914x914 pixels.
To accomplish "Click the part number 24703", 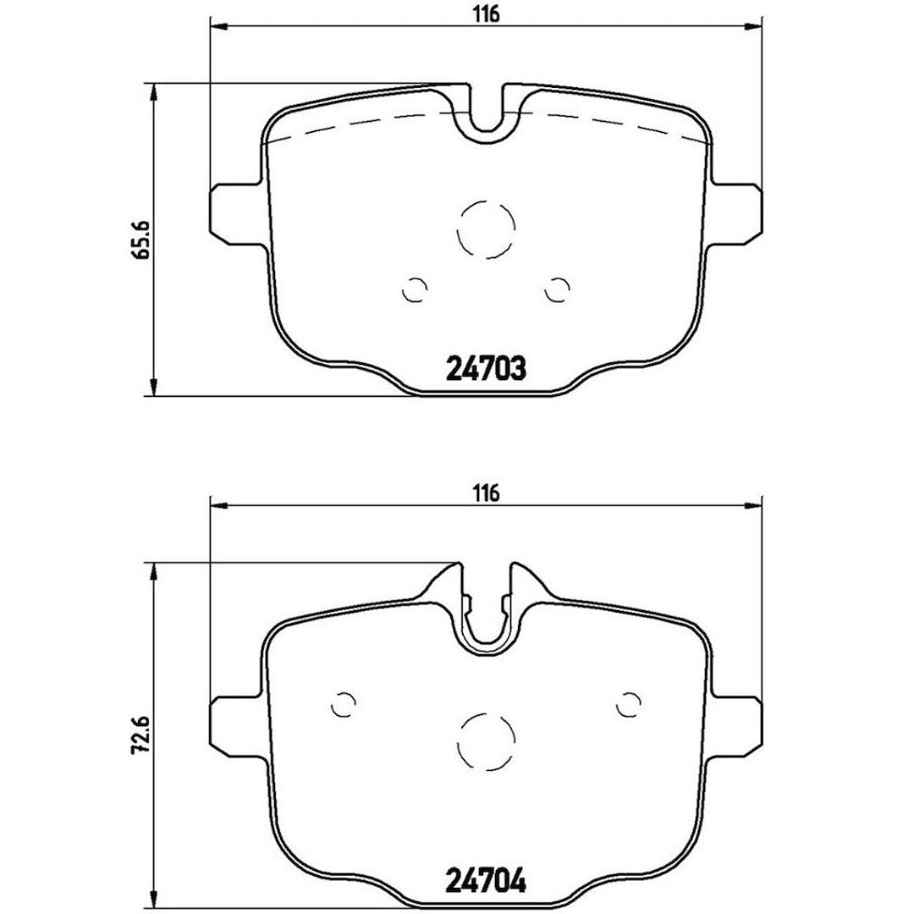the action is pos(486,369).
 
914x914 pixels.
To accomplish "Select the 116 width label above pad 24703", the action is pos(487,14).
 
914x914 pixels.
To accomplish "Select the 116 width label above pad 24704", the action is pos(487,493).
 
